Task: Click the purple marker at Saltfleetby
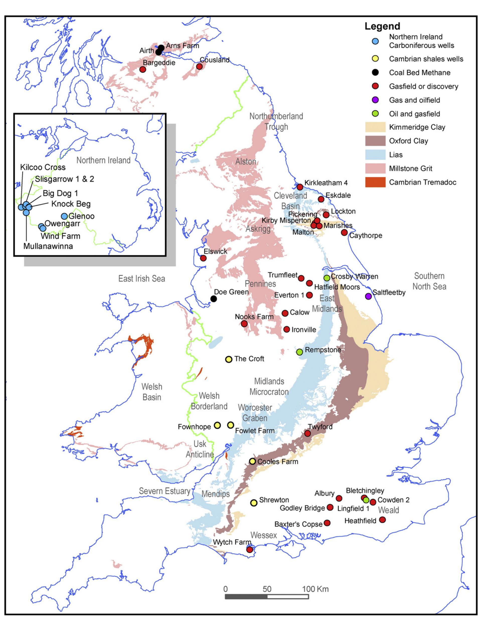click(x=368, y=296)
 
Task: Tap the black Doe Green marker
click(x=214, y=299)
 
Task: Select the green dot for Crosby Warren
click(x=327, y=278)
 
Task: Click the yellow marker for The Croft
click(x=228, y=359)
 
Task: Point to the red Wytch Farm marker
click(x=250, y=550)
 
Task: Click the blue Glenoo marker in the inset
click(x=64, y=216)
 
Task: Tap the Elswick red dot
click(x=203, y=258)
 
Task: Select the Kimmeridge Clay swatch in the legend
click(x=375, y=127)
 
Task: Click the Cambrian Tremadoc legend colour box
click(x=375, y=182)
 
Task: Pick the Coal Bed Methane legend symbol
click(x=375, y=72)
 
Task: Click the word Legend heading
click(x=382, y=26)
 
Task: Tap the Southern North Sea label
click(x=429, y=281)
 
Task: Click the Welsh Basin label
click(x=152, y=392)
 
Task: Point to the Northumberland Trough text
click(x=276, y=121)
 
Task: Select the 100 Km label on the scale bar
click(x=315, y=589)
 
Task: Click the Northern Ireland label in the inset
click(x=103, y=160)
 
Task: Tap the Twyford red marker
click(x=307, y=433)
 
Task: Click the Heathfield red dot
click(x=382, y=519)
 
